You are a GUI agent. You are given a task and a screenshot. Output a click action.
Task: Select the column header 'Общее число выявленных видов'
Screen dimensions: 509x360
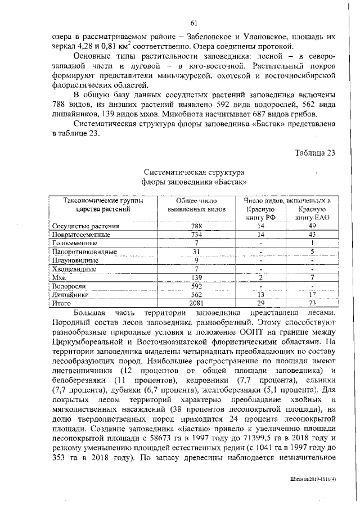point(192,204)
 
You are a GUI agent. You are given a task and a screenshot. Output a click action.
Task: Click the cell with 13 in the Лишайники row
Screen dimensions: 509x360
point(260,294)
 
